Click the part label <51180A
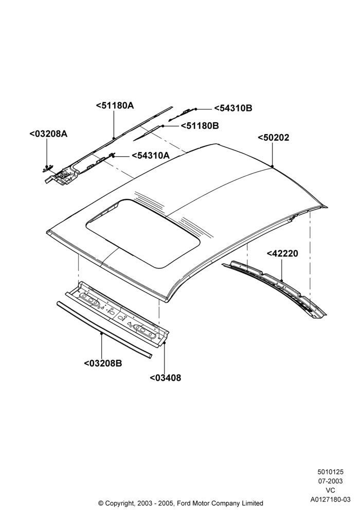pyautogui.click(x=115, y=105)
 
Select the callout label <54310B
pyautogui.click(x=233, y=108)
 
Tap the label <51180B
pyautogui.click(x=200, y=125)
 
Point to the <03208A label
pyautogui.click(x=48, y=134)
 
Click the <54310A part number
pyautogui.click(x=151, y=155)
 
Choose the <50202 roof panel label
pyautogui.click(x=274, y=138)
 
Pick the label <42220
pyautogui.click(x=282, y=253)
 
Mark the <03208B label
pyautogui.click(x=103, y=363)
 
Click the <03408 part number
pyautogui.click(x=165, y=378)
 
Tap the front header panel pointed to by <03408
pyautogui.click(x=117, y=314)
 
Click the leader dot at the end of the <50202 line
pyautogui.click(x=273, y=167)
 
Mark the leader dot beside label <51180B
pyautogui.click(x=163, y=126)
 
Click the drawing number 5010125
pyautogui.click(x=330, y=472)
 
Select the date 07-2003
pyautogui.click(x=330, y=481)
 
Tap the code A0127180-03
pyautogui.click(x=331, y=500)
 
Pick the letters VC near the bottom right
pyautogui.click(x=331, y=490)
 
